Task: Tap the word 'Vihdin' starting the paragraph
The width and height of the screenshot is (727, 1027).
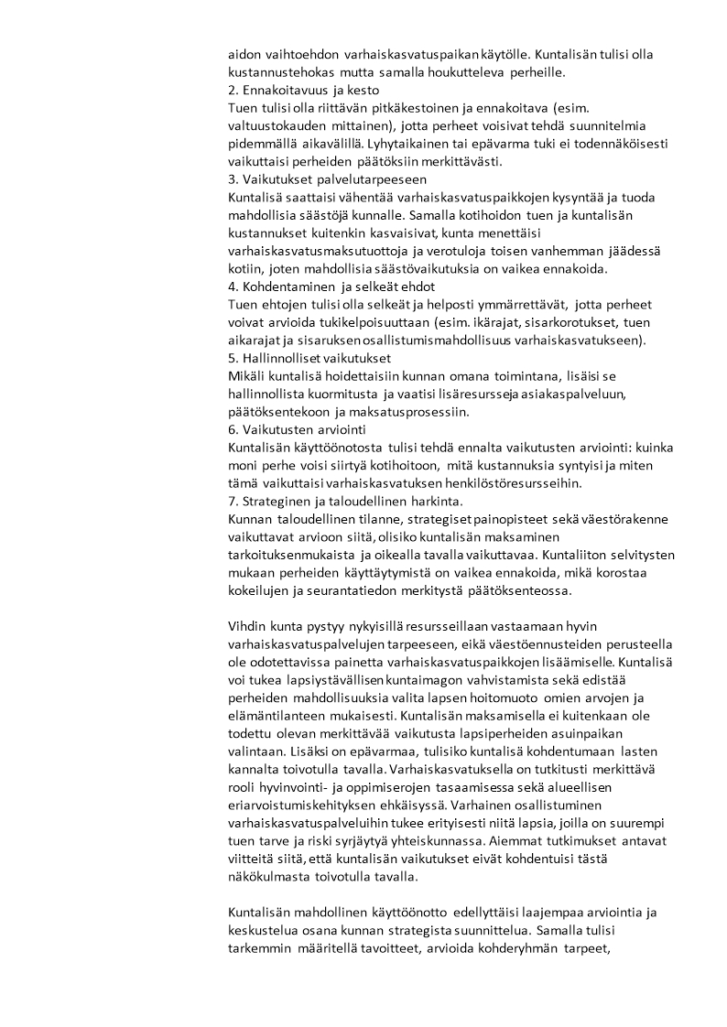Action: (244, 626)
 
